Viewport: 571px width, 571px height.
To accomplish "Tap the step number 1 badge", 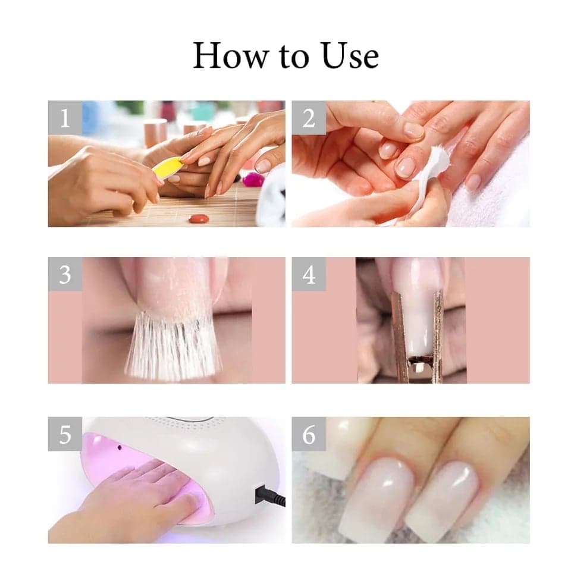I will click(65, 118).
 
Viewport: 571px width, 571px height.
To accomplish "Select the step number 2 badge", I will click(309, 118).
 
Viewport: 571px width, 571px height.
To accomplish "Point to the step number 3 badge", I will click(65, 274).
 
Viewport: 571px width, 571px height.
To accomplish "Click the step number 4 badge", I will click(309, 274).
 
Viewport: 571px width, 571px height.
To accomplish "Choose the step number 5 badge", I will click(65, 434).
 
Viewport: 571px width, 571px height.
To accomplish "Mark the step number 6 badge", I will click(309, 434).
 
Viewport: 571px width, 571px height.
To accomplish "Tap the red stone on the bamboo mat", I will click(198, 218).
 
